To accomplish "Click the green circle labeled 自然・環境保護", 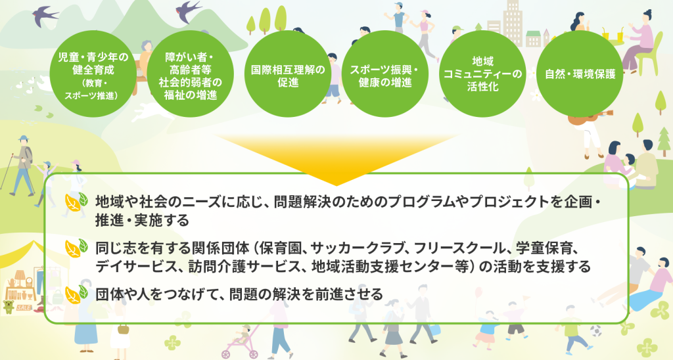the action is (580, 74).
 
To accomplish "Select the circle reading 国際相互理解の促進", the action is (288, 74).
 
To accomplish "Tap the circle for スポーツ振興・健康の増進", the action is (385, 74).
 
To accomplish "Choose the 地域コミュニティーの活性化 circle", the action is (482, 74).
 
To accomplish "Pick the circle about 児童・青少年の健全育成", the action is (93, 74).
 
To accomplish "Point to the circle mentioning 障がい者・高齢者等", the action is (190, 74).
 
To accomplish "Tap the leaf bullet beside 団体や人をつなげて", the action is (76, 294).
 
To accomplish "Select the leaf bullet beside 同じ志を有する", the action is (76, 248).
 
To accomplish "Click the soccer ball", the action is (595, 331).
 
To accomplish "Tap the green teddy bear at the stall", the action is (8, 307).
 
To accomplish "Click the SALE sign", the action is (24, 307).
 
